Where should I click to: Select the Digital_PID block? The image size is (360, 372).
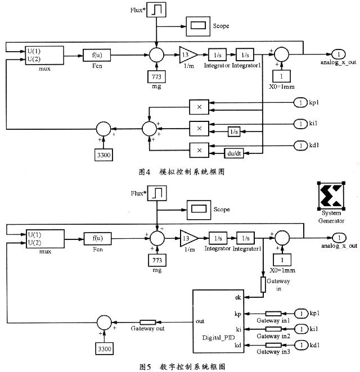click(x=217, y=321)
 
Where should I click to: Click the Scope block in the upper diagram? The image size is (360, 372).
click(x=197, y=25)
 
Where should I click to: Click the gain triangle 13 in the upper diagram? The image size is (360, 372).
click(x=187, y=55)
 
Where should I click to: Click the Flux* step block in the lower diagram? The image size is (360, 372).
click(x=157, y=194)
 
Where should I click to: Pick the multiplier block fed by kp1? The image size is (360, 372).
click(x=198, y=107)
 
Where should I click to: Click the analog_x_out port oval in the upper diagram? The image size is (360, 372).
click(x=338, y=53)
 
